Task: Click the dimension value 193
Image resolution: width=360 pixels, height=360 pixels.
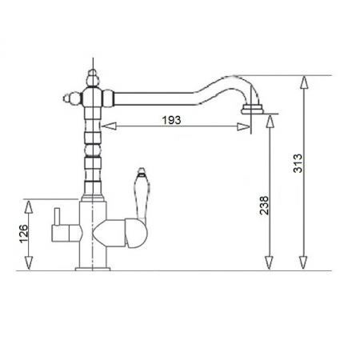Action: [x=170, y=119]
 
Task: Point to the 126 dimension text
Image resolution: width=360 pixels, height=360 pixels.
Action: [x=25, y=234]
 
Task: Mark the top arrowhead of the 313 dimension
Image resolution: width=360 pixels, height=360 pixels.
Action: [x=304, y=81]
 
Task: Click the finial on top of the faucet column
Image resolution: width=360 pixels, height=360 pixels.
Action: [x=90, y=70]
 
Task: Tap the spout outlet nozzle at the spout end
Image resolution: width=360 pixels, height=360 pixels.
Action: [x=254, y=103]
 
